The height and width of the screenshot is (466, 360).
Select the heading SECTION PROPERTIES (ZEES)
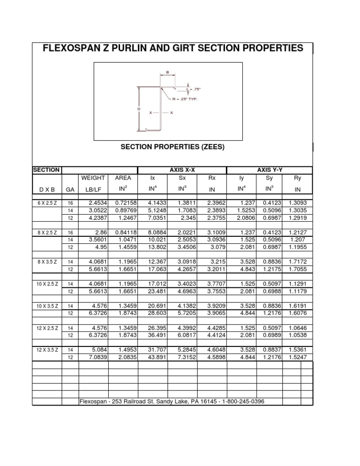(x=172, y=147)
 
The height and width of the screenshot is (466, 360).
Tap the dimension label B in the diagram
(x=167, y=73)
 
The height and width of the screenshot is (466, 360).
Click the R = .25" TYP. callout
(x=185, y=99)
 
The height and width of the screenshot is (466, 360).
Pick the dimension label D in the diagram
(x=139, y=109)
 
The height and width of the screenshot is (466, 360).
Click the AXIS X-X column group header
(x=182, y=170)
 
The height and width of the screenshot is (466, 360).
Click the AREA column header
(x=122, y=178)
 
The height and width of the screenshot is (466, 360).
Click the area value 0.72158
(x=125, y=203)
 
